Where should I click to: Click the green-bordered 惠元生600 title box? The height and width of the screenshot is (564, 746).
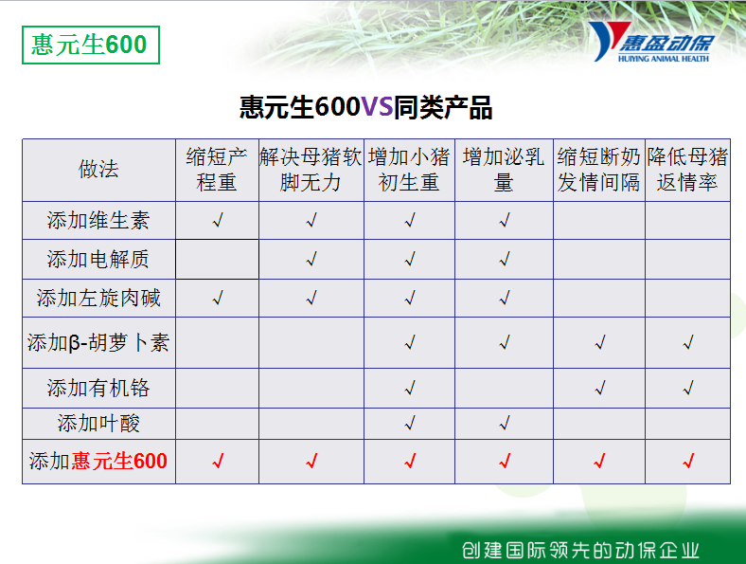pyautogui.click(x=90, y=45)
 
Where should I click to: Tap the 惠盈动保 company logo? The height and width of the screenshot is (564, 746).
pyautogui.click(x=651, y=42)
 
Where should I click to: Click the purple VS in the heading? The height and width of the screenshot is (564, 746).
pyautogui.click(x=378, y=107)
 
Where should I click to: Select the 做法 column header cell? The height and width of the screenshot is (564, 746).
pyautogui.click(x=98, y=170)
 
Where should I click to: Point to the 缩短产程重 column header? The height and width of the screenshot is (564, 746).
pyautogui.click(x=217, y=170)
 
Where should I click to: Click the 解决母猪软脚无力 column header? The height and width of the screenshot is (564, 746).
pyautogui.click(x=311, y=170)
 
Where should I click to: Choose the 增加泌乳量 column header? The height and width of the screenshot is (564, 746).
pyautogui.click(x=504, y=170)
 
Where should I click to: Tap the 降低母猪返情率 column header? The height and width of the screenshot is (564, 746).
pyautogui.click(x=687, y=170)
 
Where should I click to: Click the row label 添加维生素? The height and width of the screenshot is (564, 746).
pyautogui.click(x=98, y=221)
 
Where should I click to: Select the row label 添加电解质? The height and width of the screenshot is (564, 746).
pyautogui.click(x=98, y=259)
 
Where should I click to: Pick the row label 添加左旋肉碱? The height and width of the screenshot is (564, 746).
pyautogui.click(x=98, y=299)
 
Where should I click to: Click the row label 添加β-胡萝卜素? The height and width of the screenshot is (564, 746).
pyautogui.click(x=98, y=342)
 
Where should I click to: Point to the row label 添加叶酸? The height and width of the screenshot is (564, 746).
pyautogui.click(x=98, y=423)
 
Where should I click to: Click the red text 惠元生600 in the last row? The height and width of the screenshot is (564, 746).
pyautogui.click(x=119, y=461)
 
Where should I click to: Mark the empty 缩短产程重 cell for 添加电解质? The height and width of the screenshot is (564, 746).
pyautogui.click(x=217, y=259)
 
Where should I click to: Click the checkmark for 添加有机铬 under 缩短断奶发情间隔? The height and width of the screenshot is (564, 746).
pyautogui.click(x=600, y=388)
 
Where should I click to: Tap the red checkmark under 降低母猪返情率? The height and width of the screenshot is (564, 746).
pyautogui.click(x=688, y=461)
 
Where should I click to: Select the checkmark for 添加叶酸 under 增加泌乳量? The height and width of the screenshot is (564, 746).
pyautogui.click(x=505, y=423)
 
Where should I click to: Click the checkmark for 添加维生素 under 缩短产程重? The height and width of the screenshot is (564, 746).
pyautogui.click(x=218, y=221)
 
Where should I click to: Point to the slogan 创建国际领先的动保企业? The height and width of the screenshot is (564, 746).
pyautogui.click(x=580, y=550)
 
